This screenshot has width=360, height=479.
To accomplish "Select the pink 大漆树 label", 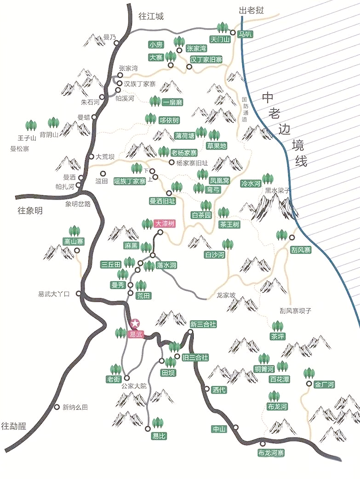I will tap(164, 224).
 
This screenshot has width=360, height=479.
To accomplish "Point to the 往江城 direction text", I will tap(151, 16).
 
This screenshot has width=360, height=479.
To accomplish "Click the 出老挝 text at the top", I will tap(251, 10).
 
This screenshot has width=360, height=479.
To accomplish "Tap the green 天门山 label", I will tap(219, 40).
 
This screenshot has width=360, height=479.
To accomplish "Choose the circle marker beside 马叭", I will tap(233, 33).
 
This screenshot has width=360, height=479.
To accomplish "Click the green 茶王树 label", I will tap(229, 225).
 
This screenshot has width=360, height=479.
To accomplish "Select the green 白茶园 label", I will tap(201, 215).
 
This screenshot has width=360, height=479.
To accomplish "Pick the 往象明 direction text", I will tap(30, 211).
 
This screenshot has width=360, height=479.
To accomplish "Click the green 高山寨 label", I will tap(74, 241).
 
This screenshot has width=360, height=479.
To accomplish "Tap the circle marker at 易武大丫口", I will tap(79, 293).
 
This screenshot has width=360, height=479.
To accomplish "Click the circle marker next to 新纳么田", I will tap(57, 407).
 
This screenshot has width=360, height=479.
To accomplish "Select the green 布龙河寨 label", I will tap(271, 453).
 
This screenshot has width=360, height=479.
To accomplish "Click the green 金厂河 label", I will tap(324, 385).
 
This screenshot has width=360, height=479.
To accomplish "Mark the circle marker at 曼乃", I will tap(116, 43).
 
